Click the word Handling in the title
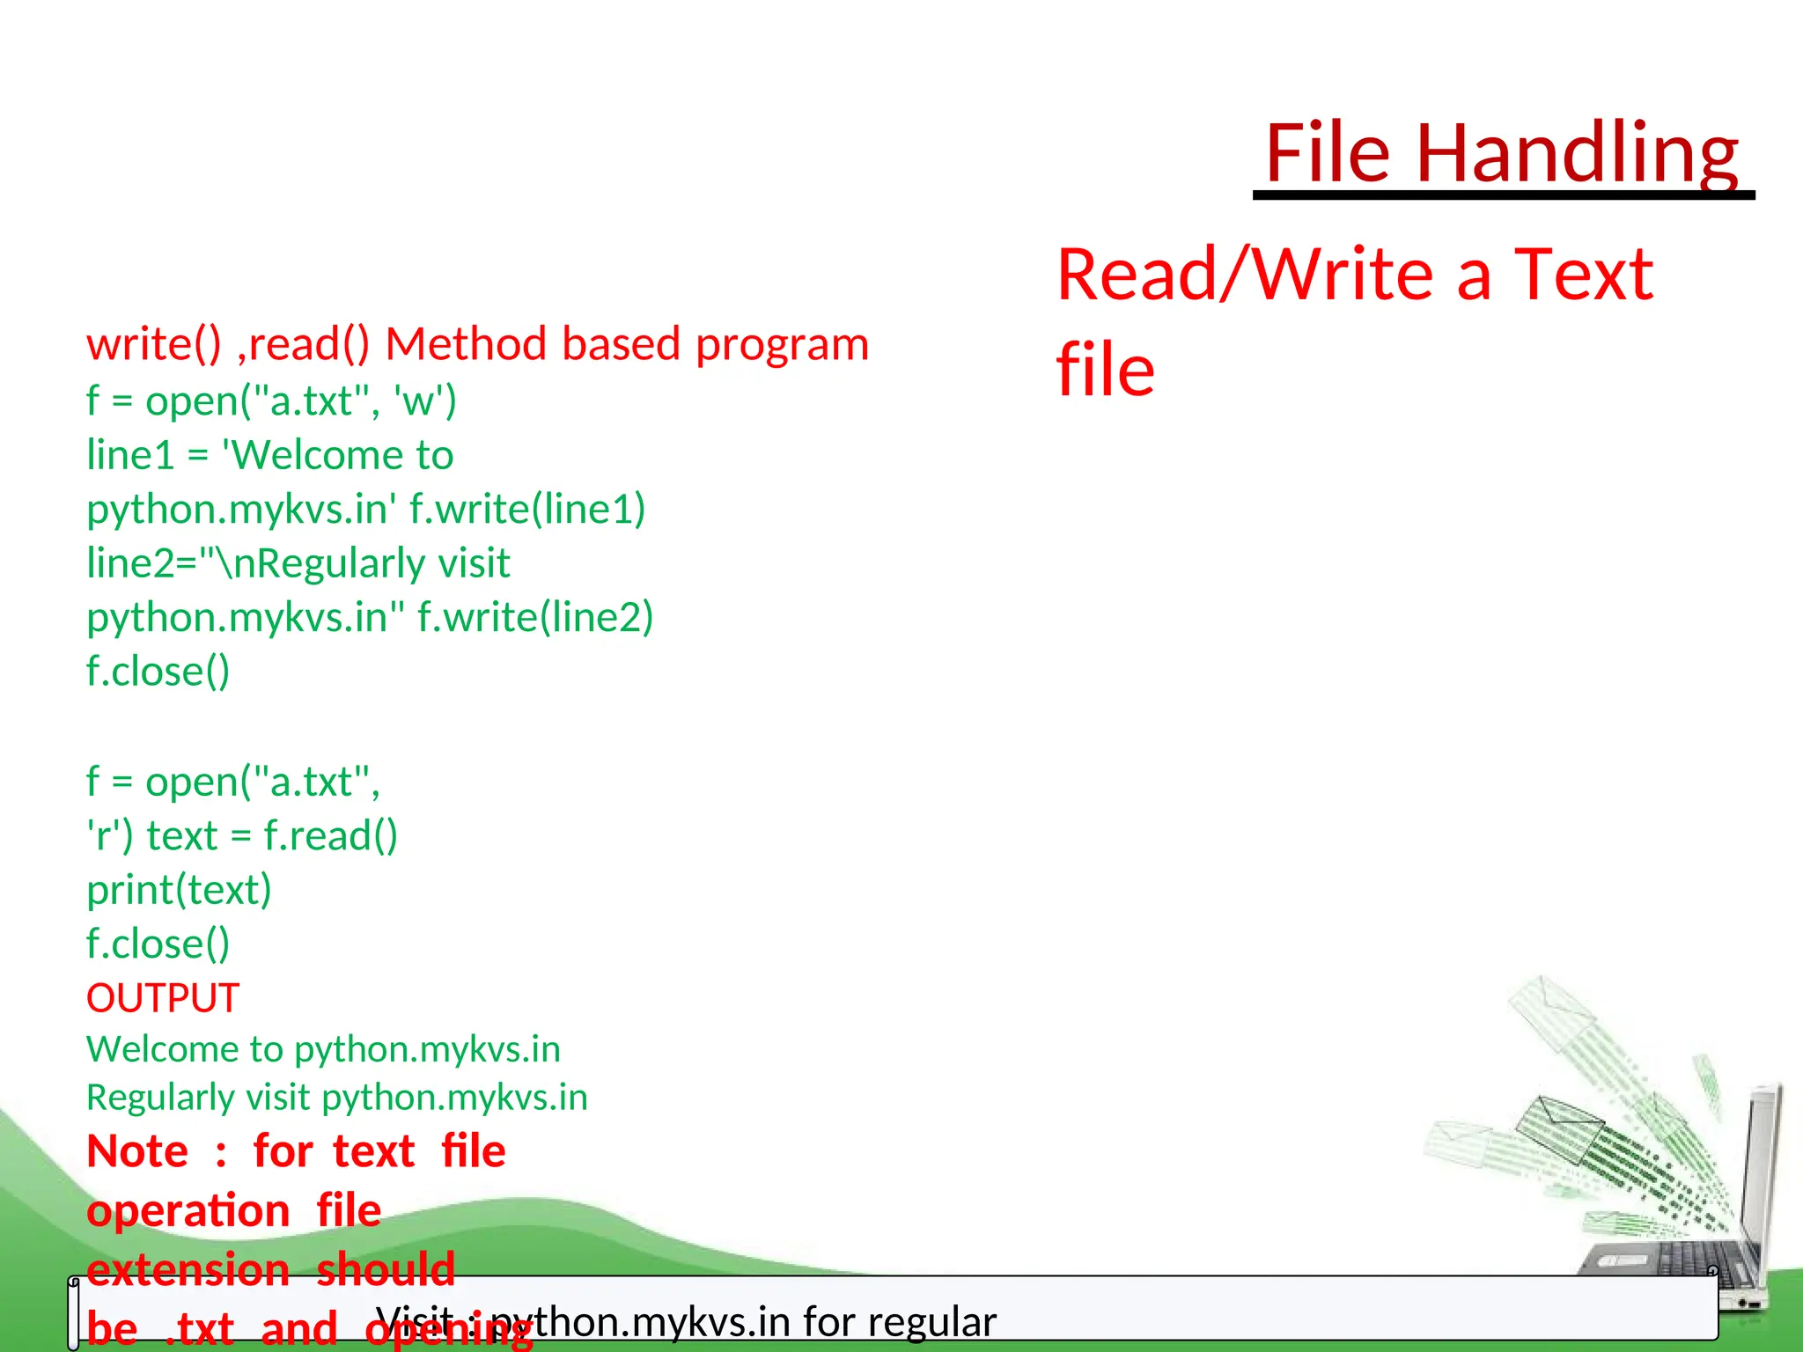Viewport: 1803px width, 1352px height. tap(1576, 153)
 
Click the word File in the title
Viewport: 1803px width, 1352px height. tap(1328, 153)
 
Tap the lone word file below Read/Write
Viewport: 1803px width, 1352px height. tap(1105, 370)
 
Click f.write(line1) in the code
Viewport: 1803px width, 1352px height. tap(527, 510)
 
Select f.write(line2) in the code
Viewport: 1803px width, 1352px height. tap(535, 618)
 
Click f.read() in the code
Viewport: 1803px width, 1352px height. tap(331, 836)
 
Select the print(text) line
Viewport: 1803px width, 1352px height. tap(179, 890)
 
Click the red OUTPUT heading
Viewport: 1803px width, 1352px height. tap(163, 998)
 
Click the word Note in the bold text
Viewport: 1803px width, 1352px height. tap(137, 1151)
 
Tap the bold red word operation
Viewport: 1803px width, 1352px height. tap(188, 1211)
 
